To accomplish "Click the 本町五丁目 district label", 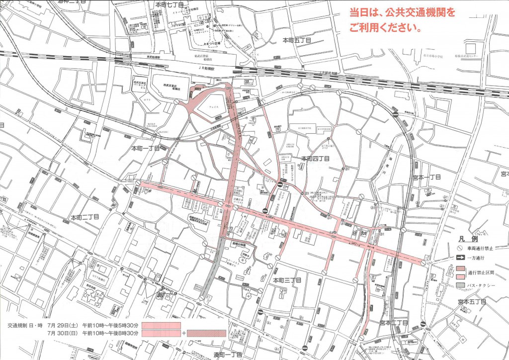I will pyautogui.click(x=297, y=40).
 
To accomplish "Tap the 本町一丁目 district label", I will pyautogui.click(x=146, y=148).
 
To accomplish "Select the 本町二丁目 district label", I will pyautogui.click(x=85, y=217).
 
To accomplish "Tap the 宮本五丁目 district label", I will pyautogui.click(x=472, y=302).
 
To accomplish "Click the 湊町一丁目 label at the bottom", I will pyautogui.click(x=228, y=355).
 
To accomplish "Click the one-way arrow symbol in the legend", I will pyautogui.click(x=461, y=258).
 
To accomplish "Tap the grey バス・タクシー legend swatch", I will pyautogui.click(x=461, y=285).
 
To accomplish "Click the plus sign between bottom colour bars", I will pyautogui.click(x=184, y=333).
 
